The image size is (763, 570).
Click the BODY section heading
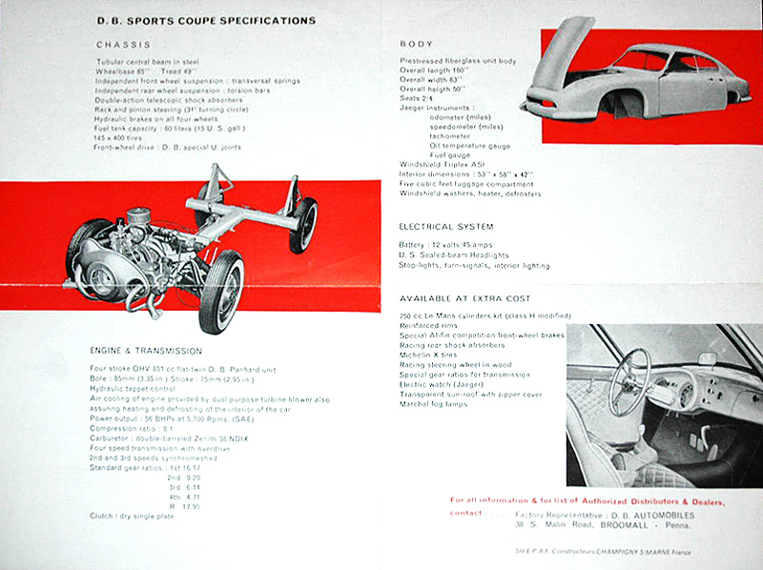(416, 44)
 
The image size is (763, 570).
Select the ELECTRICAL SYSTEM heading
(446, 227)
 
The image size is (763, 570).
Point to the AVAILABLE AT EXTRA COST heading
(465, 297)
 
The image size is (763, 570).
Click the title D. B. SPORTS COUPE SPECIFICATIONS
(206, 19)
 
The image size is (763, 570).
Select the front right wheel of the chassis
(220, 291)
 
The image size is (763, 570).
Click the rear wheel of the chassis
(303, 224)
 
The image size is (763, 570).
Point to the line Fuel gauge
(450, 154)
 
